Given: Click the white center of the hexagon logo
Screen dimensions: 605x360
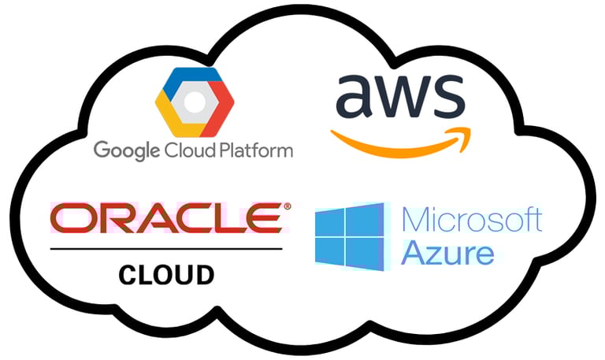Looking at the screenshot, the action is (194, 100).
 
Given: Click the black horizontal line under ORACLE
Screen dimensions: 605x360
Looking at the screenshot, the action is (165, 249).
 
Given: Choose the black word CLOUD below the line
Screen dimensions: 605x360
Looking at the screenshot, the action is (166, 275).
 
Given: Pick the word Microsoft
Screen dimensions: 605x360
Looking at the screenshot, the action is (471, 220).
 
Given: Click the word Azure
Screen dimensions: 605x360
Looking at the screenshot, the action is (447, 254).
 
